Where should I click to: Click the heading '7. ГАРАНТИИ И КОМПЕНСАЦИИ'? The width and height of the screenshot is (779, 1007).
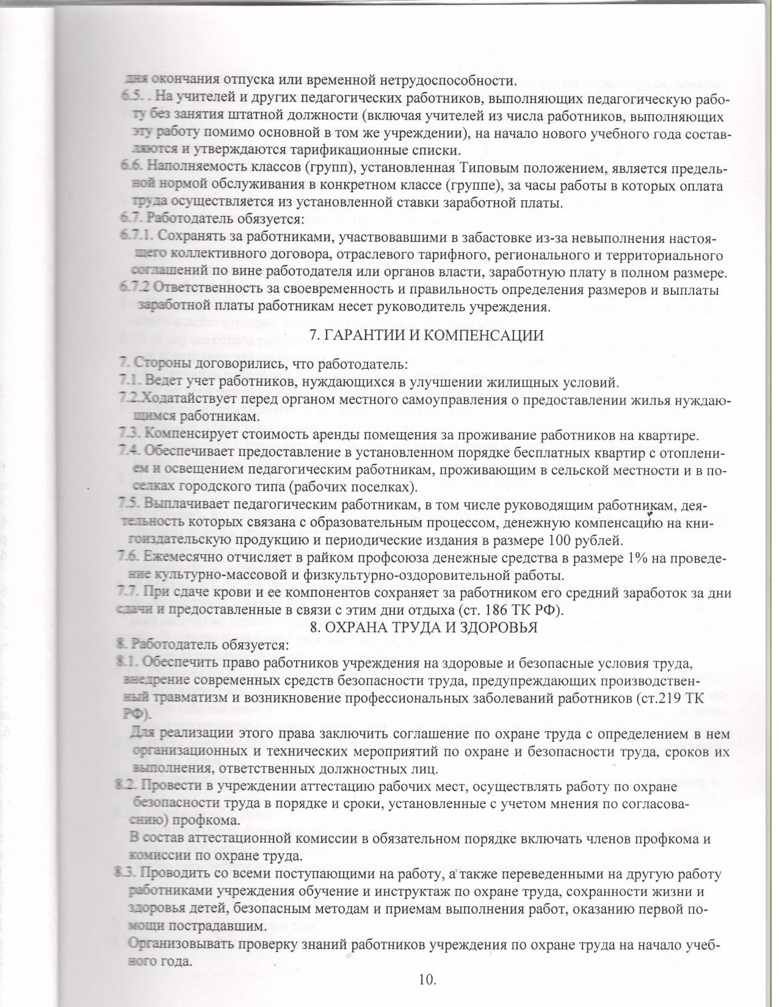coord(426,335)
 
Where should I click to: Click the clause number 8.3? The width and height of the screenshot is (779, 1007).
coord(129,875)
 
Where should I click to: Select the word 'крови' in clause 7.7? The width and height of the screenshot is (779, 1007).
coord(230,593)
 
